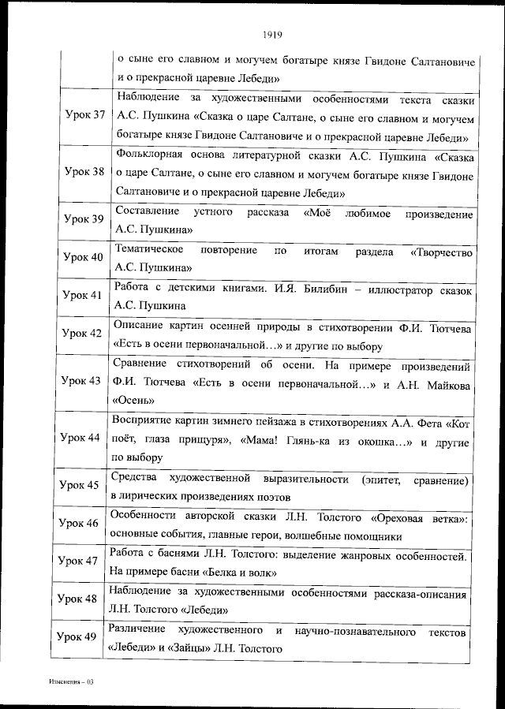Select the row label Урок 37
(84, 115)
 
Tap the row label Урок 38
(84, 171)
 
